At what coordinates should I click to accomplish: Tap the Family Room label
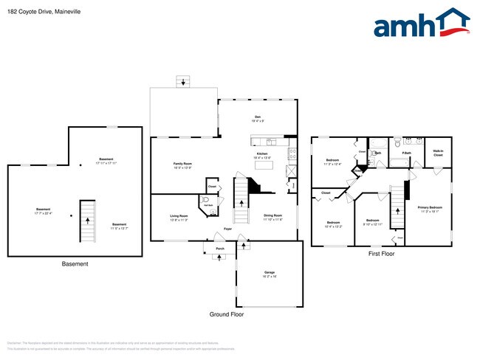coord(182,165)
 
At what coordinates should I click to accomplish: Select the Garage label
coord(270,273)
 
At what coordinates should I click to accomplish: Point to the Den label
coord(258,117)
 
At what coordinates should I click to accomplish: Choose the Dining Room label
coord(272,217)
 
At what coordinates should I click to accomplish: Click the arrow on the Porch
coord(219,257)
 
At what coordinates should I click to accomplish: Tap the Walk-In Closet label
coord(438,153)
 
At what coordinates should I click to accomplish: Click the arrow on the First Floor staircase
coord(400,210)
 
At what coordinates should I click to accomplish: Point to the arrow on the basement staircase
coord(87,218)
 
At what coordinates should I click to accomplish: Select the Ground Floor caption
coord(226,314)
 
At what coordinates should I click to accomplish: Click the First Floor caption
coord(381,254)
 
